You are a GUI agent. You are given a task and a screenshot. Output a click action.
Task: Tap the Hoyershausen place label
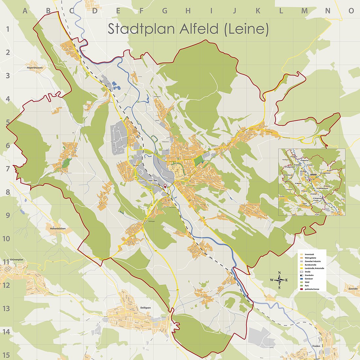35,68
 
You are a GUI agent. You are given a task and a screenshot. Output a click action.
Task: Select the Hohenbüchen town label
59,229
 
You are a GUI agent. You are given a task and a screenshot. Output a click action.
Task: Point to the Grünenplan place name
9,261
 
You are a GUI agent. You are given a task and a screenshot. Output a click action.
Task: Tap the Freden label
316,346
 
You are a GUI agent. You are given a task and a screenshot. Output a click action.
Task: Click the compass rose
279,280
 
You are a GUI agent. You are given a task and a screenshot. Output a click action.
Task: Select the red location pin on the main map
165,186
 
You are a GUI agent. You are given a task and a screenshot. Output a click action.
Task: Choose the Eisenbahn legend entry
309,275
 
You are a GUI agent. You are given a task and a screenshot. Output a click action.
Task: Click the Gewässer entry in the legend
309,279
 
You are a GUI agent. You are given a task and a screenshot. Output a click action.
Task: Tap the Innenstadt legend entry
310,254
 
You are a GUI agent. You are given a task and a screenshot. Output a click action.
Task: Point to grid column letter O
351,11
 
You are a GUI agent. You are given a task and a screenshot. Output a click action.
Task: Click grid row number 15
6,355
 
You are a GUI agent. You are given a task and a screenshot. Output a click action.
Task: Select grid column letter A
25,11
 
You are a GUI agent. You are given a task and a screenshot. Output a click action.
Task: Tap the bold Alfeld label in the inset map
314,175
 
